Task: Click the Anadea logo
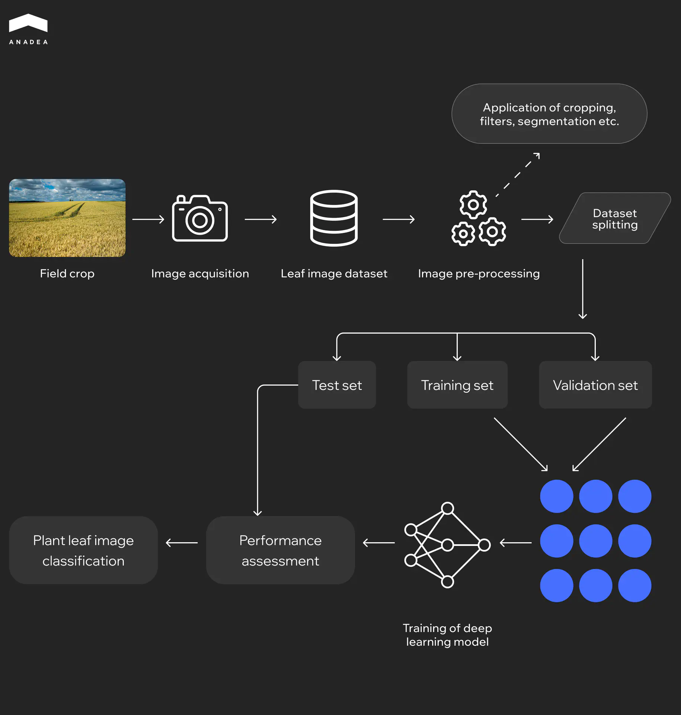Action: point(28,29)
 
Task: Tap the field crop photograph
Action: point(67,218)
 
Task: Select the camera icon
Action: point(200,219)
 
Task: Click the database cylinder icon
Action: point(334,218)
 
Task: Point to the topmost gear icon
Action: point(473,204)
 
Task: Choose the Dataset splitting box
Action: point(615,219)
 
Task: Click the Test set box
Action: point(337,385)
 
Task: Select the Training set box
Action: point(457,385)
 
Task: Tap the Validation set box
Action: point(595,385)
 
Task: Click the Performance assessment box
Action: point(280,550)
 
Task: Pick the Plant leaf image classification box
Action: point(83,550)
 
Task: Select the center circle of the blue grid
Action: point(595,541)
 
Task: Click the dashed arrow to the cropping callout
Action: point(518,174)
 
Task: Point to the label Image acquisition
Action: point(200,274)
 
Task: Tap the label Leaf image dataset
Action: point(334,274)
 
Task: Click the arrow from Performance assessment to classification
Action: point(182,543)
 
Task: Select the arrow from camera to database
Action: point(260,219)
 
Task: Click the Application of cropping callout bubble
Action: point(549,114)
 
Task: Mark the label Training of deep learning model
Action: point(447,635)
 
